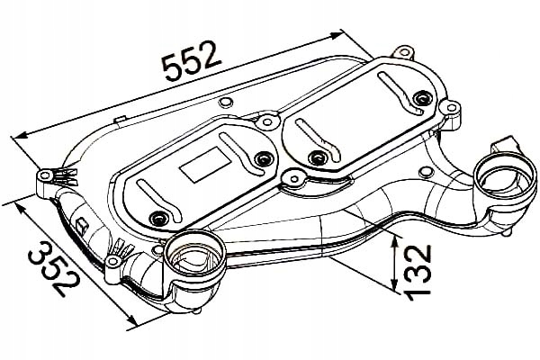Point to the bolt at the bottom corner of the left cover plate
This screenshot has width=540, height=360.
tap(159, 219)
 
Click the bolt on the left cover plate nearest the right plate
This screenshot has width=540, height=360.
tap(262, 160)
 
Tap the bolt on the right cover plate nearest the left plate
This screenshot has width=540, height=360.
tap(316, 157)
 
